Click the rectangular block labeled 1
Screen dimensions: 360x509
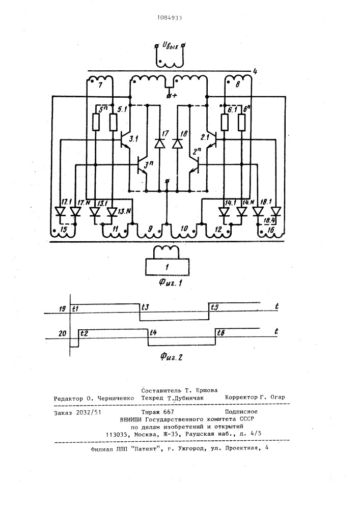(x=167, y=267)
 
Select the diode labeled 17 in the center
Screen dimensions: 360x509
(x=159, y=143)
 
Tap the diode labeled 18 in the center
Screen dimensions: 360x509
(x=177, y=143)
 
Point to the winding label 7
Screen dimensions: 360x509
(x=100, y=85)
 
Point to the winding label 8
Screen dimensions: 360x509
(x=237, y=85)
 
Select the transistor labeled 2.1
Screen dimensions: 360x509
(x=211, y=139)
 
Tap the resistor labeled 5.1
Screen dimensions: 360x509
(x=113, y=122)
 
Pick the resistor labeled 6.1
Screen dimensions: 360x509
(x=225, y=122)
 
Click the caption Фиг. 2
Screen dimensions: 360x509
(x=171, y=357)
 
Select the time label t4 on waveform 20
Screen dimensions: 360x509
(x=153, y=332)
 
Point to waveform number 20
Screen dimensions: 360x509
(x=63, y=333)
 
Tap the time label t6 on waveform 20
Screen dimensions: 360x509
(x=221, y=332)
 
